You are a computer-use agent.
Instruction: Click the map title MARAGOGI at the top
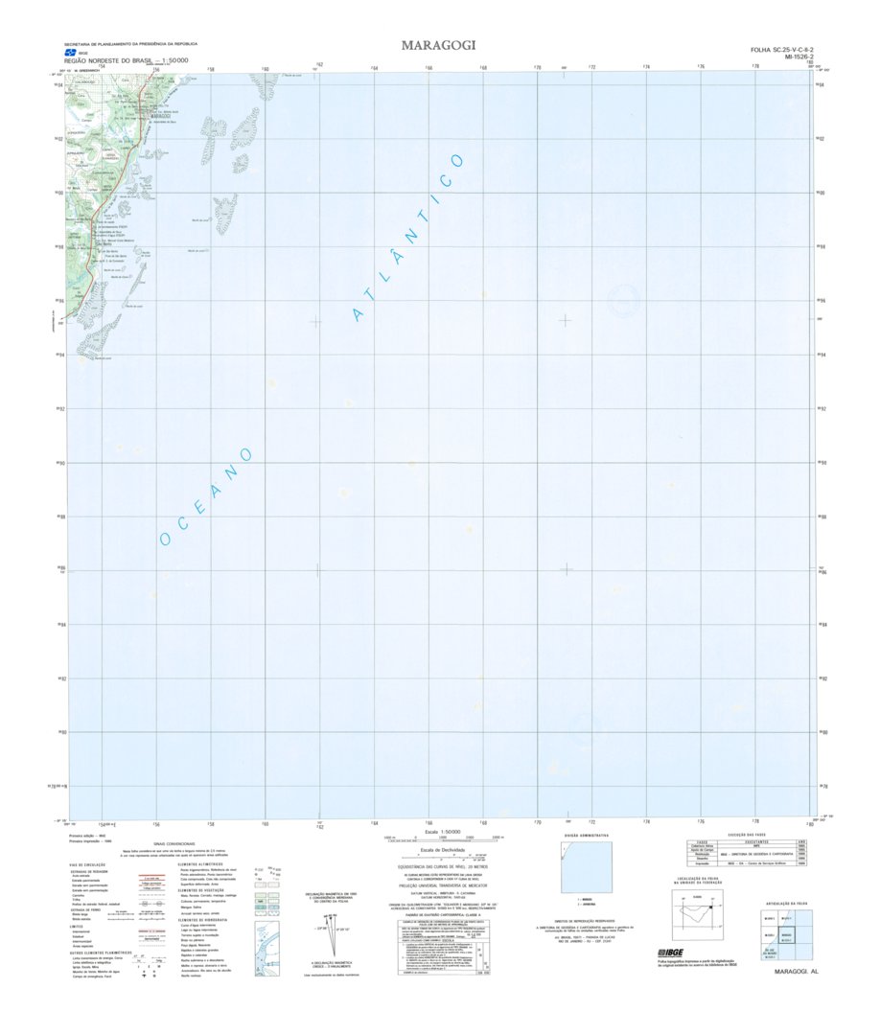click(439, 45)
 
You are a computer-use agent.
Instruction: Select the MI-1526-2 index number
click(791, 57)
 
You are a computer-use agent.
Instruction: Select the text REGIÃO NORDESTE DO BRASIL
click(124, 60)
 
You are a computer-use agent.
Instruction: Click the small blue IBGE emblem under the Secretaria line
click(70, 53)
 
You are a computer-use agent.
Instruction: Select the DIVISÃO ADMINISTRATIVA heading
click(585, 836)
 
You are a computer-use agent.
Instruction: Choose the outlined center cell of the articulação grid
click(786, 933)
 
